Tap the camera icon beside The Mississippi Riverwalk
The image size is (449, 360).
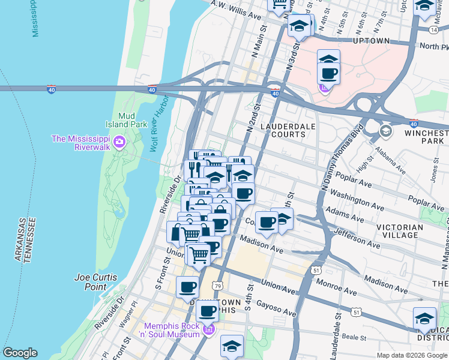pyautogui.click(x=119, y=142)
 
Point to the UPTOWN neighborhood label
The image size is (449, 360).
pyautogui.click(x=372, y=41)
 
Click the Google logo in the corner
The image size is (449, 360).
pyautogui.click(x=20, y=353)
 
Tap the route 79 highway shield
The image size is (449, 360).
pyautogui.click(x=218, y=286)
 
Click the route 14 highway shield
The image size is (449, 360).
pyautogui.click(x=433, y=28)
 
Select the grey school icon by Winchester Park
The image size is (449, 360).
pyautogui.click(x=385, y=130)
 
